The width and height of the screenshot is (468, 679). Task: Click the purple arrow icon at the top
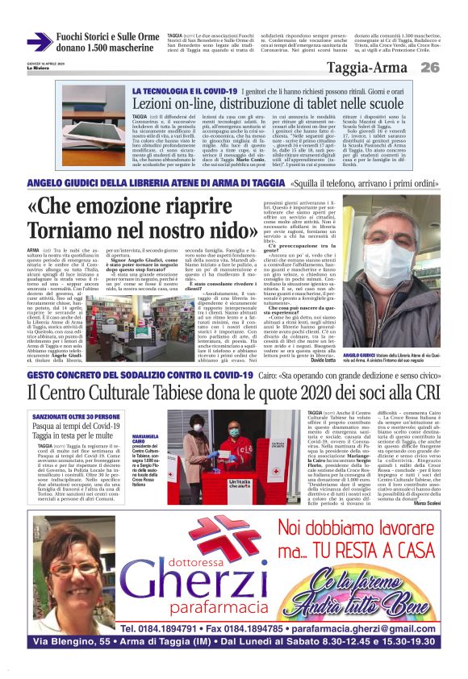click(39, 42)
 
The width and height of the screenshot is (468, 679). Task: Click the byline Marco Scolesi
click(430, 504)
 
